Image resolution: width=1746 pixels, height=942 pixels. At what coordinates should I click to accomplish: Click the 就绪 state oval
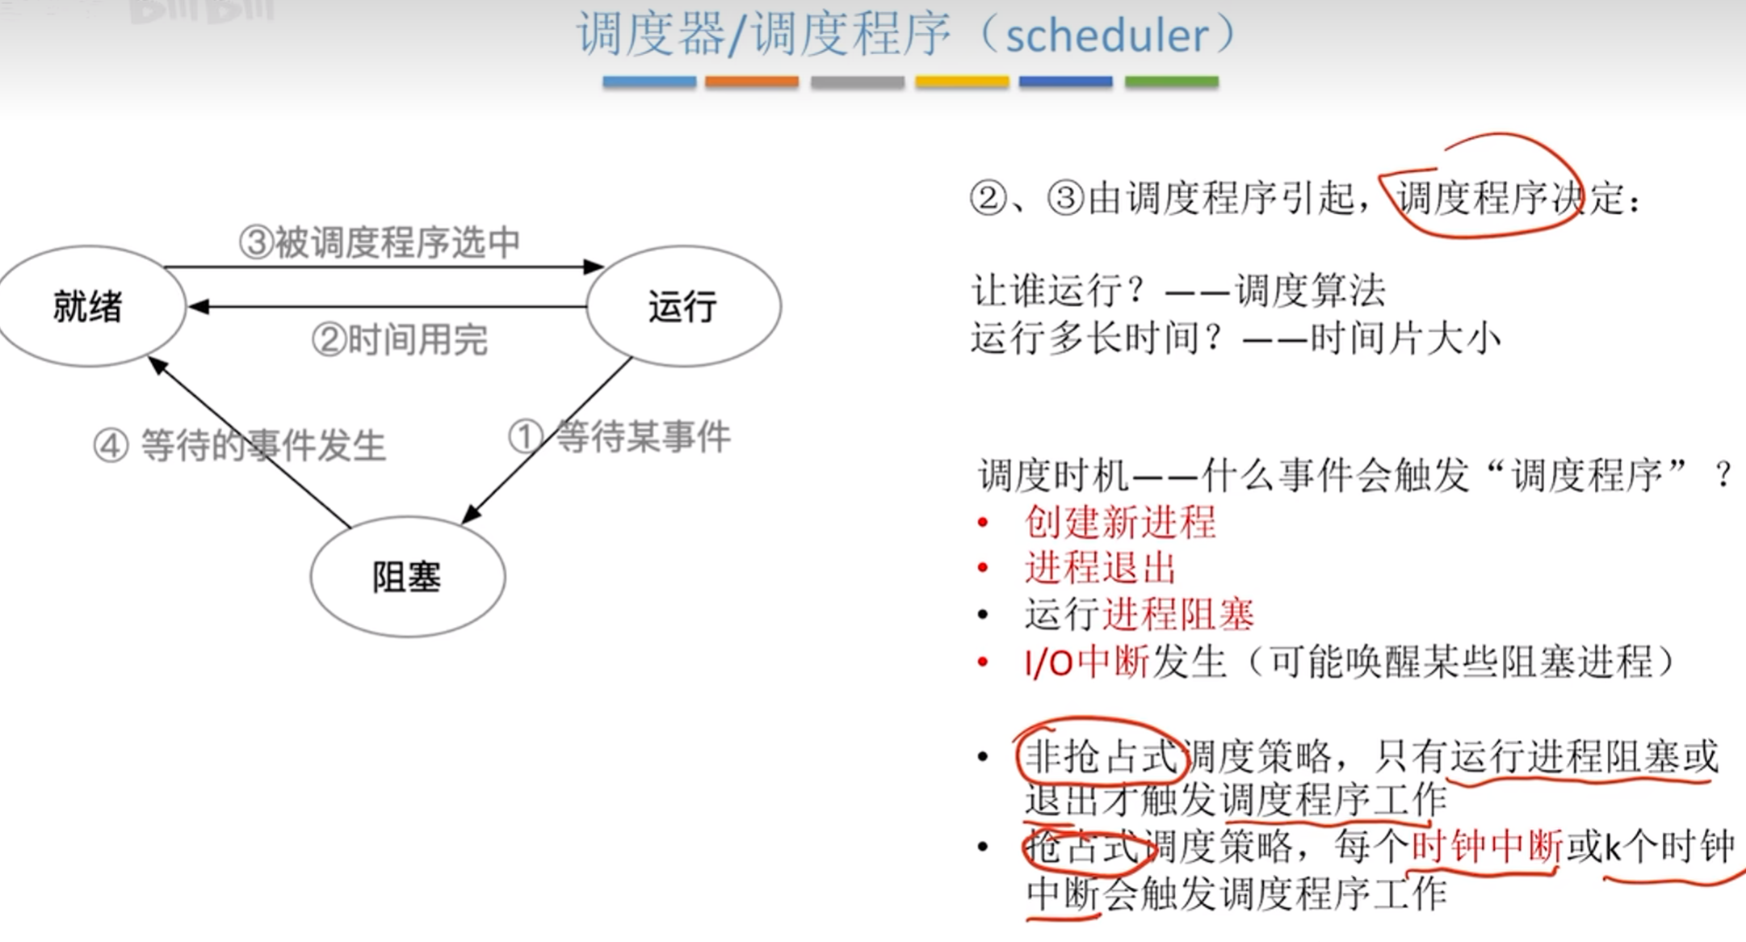(x=89, y=307)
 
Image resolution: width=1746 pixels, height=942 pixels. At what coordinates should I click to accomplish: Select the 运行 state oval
(x=683, y=307)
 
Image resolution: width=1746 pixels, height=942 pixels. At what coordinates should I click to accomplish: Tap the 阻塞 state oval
(x=407, y=577)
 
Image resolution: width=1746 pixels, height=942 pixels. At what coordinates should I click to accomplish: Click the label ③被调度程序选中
(x=380, y=242)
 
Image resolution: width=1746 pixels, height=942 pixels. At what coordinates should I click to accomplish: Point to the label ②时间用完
(x=400, y=340)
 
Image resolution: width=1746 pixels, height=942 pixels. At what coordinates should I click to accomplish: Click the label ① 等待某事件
(x=620, y=437)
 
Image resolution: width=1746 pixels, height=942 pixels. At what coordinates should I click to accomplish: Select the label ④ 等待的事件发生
(x=240, y=445)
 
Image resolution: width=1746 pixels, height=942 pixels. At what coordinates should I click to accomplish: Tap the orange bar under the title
(x=751, y=82)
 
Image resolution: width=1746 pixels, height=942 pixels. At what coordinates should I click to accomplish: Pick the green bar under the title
(x=1171, y=82)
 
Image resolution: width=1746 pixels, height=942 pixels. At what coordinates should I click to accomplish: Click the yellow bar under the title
(x=961, y=82)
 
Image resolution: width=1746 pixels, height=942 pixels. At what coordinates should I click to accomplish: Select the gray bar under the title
(x=857, y=82)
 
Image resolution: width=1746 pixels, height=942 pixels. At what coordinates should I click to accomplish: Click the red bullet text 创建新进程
(x=1120, y=522)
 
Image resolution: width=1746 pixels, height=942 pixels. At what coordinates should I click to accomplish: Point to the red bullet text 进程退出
(x=1100, y=567)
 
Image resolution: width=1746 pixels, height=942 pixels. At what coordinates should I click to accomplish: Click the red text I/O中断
(x=1086, y=662)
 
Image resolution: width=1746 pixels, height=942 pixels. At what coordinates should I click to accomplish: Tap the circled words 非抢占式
(x=1101, y=757)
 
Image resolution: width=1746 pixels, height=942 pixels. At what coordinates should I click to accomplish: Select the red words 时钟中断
(x=1487, y=847)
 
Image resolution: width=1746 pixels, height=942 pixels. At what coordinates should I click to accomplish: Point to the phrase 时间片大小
(x=1405, y=339)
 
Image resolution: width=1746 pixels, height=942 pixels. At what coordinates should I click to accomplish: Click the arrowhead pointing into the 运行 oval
(x=594, y=267)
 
